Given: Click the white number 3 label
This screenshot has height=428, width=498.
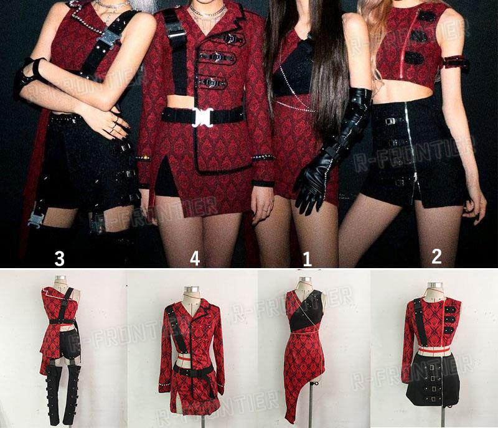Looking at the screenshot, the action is click(59, 258).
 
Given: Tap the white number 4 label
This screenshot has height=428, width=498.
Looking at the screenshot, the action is click(195, 258).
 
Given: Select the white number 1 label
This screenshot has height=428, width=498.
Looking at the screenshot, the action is click(307, 259).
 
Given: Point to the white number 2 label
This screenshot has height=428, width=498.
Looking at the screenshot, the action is click(436, 256).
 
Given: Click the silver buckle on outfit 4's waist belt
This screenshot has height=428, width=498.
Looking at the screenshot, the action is click(202, 116).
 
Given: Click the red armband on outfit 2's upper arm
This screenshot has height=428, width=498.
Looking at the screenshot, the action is click(456, 63).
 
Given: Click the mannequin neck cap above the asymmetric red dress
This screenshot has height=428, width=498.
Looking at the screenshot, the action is click(304, 280).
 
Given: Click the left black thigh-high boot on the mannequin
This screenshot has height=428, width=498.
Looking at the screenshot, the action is click(52, 394).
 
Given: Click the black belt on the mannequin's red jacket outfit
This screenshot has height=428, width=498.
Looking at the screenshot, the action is click(192, 372).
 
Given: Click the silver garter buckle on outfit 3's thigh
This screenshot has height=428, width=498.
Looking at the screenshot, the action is click(35, 219).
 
